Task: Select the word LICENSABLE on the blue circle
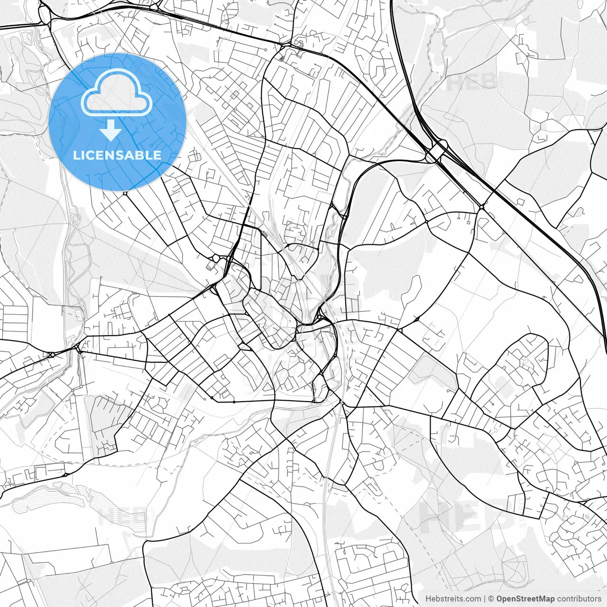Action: point(117,155)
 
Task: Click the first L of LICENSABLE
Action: point(76,155)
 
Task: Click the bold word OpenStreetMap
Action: point(525,598)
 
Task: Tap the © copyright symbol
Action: point(491,598)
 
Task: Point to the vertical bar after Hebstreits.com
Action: point(485,598)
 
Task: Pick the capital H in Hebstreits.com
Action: point(428,598)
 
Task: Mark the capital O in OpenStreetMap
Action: point(500,598)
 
